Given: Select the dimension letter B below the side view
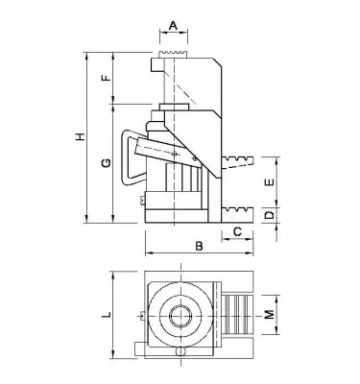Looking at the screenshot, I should coord(199,247).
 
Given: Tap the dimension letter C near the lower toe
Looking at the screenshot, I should coord(236,231).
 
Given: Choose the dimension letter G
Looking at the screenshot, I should coord(106,165).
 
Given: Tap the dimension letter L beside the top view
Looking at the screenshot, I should coord(105,314).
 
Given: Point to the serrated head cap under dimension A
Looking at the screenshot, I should coord(173,47).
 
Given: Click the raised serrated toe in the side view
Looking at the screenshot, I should coord(238,160).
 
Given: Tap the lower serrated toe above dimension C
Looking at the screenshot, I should coord(239,208).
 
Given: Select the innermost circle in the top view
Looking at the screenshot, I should coord(179,315).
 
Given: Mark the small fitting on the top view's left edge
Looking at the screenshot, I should coord(141,315).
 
